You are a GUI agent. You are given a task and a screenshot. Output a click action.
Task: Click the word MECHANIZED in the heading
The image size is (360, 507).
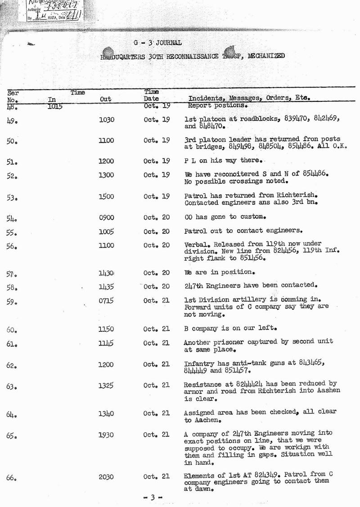(x=265, y=56)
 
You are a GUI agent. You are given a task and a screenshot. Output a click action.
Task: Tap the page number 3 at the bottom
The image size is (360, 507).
(x=153, y=498)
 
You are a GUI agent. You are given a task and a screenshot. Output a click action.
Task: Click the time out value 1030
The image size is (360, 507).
(x=106, y=119)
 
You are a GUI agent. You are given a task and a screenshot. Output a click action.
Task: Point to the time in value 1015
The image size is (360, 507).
(x=55, y=107)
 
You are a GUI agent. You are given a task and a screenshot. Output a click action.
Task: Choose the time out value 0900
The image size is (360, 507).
(x=106, y=217)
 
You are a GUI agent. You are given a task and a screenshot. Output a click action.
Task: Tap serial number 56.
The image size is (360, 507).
(x=12, y=246)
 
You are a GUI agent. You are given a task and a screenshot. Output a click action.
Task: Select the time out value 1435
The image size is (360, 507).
(x=106, y=286)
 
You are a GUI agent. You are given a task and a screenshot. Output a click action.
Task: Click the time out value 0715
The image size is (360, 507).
(x=106, y=300)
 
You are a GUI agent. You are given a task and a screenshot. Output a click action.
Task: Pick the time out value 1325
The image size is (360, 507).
(x=106, y=385)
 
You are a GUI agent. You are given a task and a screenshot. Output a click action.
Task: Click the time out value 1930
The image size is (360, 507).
(x=106, y=435)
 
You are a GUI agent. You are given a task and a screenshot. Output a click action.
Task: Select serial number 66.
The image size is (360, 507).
(x=12, y=477)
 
